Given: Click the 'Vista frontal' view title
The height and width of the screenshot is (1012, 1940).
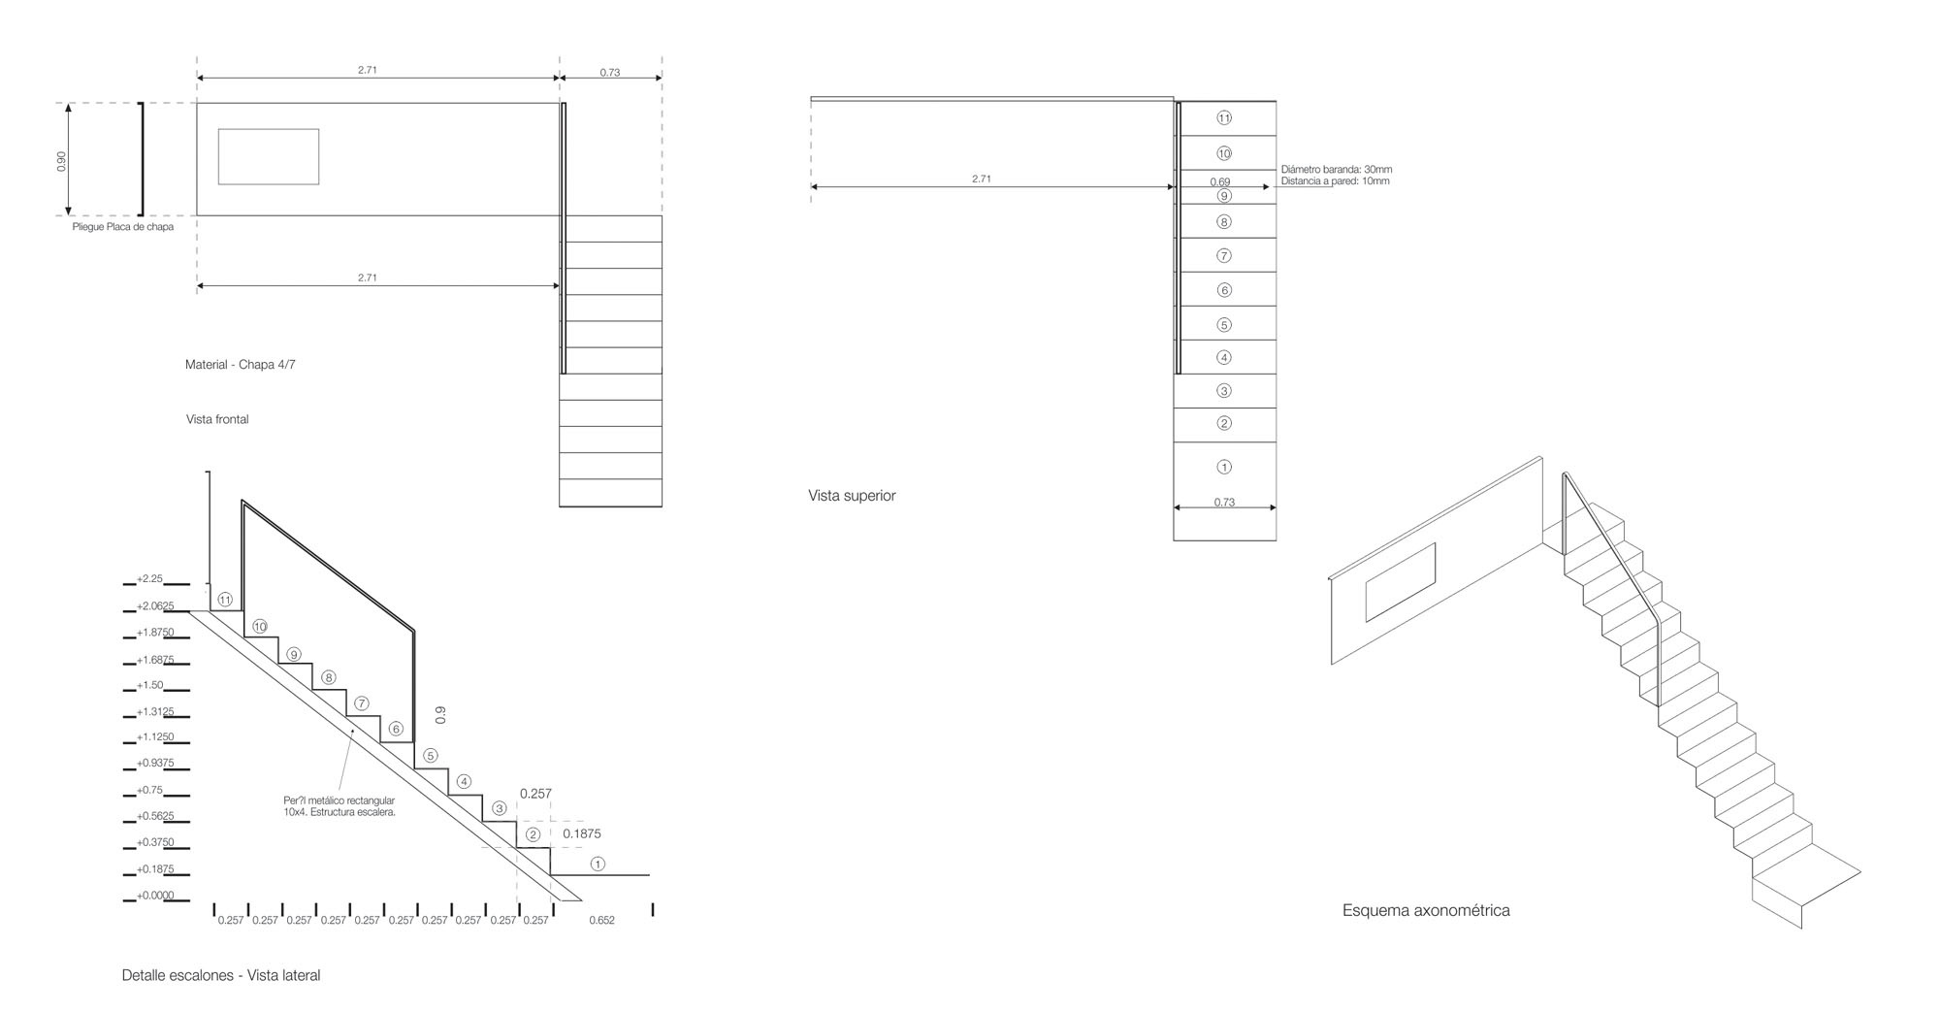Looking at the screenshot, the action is click(x=217, y=419).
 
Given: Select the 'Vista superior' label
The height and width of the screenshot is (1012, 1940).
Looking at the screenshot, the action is click(x=852, y=496).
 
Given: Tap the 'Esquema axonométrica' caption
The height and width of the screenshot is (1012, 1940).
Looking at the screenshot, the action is click(x=1426, y=910).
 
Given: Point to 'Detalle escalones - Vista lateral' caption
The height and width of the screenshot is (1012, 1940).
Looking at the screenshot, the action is click(x=221, y=975).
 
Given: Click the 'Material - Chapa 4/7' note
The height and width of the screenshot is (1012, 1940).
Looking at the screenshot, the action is click(x=241, y=365).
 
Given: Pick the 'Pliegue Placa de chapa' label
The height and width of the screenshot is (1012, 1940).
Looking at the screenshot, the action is click(x=123, y=227).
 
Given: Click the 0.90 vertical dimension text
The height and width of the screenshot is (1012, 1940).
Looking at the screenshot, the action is click(x=61, y=162).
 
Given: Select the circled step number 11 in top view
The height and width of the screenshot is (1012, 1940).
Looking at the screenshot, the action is click(x=1224, y=118).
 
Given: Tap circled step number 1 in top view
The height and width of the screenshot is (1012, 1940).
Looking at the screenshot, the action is click(x=1224, y=467).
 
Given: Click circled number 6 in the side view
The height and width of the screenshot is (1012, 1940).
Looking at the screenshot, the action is click(x=395, y=729).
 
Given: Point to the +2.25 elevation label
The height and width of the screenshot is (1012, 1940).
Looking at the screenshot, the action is click(x=149, y=579).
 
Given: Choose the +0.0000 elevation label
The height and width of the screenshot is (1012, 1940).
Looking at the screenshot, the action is click(x=155, y=896).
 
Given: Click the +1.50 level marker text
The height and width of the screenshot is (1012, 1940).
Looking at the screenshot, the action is click(x=149, y=685).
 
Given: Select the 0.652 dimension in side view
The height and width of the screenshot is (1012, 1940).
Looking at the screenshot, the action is click(x=601, y=920).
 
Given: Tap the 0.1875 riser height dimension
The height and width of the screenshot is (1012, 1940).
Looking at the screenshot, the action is click(x=582, y=833).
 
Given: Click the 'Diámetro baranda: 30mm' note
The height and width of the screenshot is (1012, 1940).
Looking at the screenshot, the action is click(x=1337, y=170).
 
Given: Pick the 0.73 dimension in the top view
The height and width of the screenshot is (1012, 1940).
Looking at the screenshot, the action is click(x=1224, y=503).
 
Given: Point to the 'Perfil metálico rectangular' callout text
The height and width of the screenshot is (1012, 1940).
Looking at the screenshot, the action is click(x=339, y=800).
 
